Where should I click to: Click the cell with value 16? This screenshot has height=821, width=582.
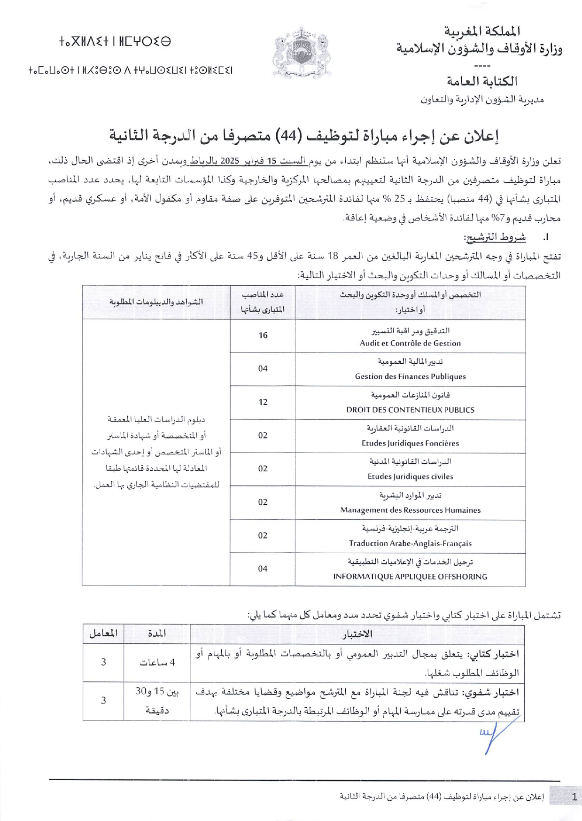coord(263,336)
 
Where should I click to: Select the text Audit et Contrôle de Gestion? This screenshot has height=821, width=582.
coord(410,343)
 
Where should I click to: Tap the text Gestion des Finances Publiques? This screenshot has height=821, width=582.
coord(410,376)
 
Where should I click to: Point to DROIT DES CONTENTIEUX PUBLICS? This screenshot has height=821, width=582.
coord(410,410)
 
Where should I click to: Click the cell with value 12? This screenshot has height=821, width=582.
coord(263,402)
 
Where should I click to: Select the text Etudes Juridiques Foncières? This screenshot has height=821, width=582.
coord(410,443)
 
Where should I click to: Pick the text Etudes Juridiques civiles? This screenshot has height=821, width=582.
coord(410,477)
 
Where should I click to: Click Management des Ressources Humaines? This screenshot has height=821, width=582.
coord(410,510)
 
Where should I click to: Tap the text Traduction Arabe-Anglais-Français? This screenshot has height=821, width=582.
coord(410,543)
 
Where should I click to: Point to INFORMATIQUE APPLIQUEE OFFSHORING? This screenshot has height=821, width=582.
coord(410,577)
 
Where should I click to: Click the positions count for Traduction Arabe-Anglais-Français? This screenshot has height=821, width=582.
coord(263,535)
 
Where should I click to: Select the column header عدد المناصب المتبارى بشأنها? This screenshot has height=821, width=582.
coord(263,302)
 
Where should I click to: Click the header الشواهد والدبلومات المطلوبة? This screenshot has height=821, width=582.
coord(156,302)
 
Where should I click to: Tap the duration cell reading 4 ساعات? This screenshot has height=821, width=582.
coord(157,663)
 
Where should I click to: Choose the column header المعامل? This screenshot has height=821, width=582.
coord(103,633)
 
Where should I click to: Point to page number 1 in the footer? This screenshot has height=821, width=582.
coord(574,797)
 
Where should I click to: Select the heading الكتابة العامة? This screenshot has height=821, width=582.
coord(482,81)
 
